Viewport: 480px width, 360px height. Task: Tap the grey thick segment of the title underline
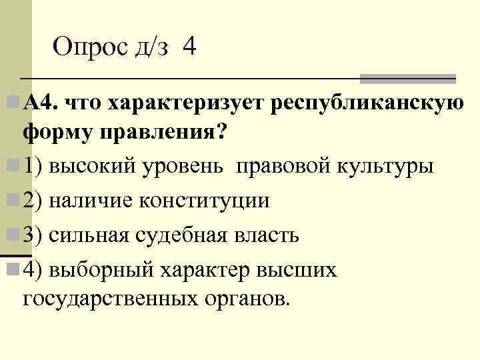click(407, 79)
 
